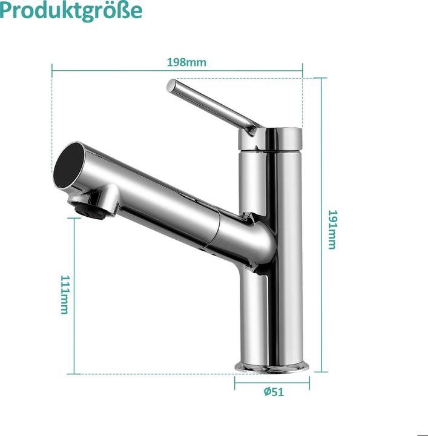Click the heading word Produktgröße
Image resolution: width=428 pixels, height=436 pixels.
pos(71,11)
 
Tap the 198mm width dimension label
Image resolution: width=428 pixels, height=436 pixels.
pos(186,62)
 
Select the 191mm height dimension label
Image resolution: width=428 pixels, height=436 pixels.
pos(332,230)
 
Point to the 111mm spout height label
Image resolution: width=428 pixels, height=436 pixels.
pos(64,294)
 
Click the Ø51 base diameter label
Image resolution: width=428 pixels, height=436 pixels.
pos(274,392)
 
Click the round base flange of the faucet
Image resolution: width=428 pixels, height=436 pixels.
pos(272,366)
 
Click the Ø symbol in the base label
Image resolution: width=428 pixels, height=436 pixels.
pos(267,392)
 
